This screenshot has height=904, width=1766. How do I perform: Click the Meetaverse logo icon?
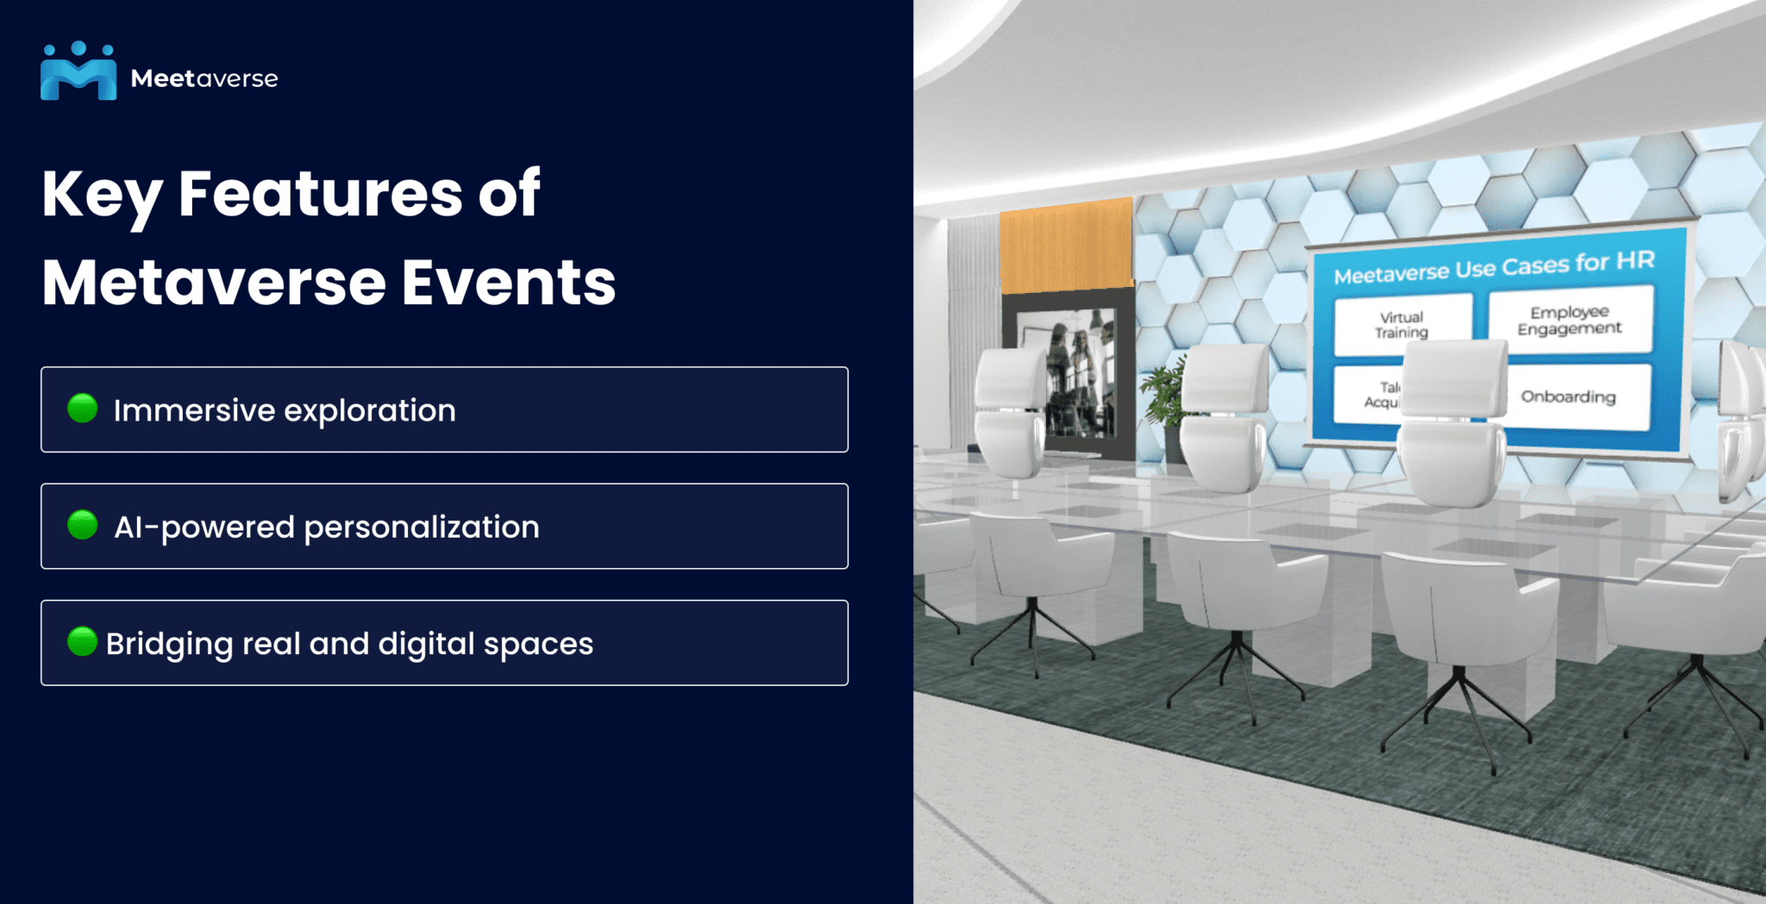[78, 72]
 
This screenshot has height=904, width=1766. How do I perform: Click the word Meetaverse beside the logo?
[204, 78]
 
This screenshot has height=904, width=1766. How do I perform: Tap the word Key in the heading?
[101, 195]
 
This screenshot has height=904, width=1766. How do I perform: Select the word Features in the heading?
[320, 193]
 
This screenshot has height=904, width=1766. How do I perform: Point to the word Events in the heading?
[509, 283]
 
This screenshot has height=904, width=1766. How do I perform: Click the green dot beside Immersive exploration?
[83, 408]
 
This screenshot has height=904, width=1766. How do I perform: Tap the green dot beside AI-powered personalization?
[83, 525]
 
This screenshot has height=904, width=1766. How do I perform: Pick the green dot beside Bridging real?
[83, 641]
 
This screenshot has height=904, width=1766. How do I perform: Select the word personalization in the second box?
[422, 527]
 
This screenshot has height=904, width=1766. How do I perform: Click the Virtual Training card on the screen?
[1401, 325]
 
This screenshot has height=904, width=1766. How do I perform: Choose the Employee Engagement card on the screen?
[1569, 321]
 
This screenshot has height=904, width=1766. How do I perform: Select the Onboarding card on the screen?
[1569, 396]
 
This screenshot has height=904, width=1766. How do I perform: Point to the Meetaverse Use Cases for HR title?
[1494, 268]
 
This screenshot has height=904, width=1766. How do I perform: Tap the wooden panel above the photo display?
[1067, 246]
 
